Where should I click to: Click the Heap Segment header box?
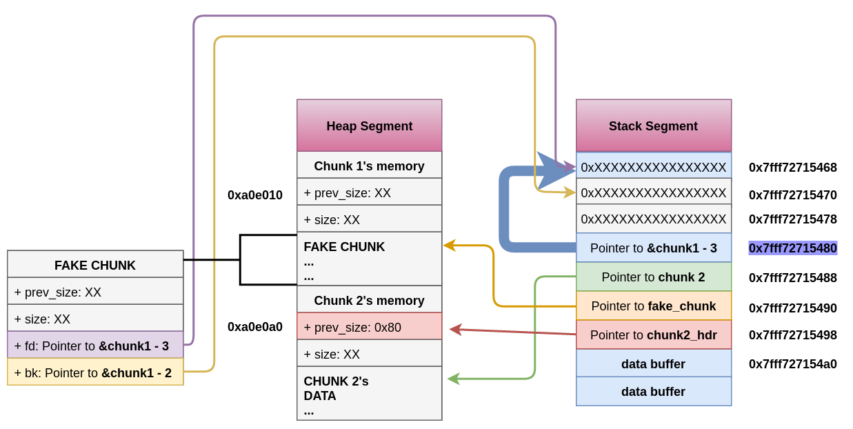point(369,126)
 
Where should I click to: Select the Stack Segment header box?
point(653,126)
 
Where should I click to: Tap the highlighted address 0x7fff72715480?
point(793,248)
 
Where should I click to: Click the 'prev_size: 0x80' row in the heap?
point(369,327)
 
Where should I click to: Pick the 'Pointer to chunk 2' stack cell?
point(653,277)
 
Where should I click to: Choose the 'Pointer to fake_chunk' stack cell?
point(653,306)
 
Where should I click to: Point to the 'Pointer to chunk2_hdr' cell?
point(653,335)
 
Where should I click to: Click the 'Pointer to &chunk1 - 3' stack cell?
point(653,248)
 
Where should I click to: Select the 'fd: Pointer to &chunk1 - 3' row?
point(95,346)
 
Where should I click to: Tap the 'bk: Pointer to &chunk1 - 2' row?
point(95,372)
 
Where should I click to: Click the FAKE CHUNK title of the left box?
point(95,265)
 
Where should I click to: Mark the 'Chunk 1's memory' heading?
point(369,166)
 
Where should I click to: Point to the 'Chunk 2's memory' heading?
point(369,300)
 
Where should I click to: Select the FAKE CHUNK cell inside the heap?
point(369,260)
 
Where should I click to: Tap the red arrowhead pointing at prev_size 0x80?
point(454,329)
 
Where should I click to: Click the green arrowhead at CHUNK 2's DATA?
point(452,378)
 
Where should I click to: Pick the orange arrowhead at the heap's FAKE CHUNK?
point(449,245)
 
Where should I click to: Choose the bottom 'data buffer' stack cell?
point(653,392)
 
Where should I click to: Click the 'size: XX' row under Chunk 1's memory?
point(369,219)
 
